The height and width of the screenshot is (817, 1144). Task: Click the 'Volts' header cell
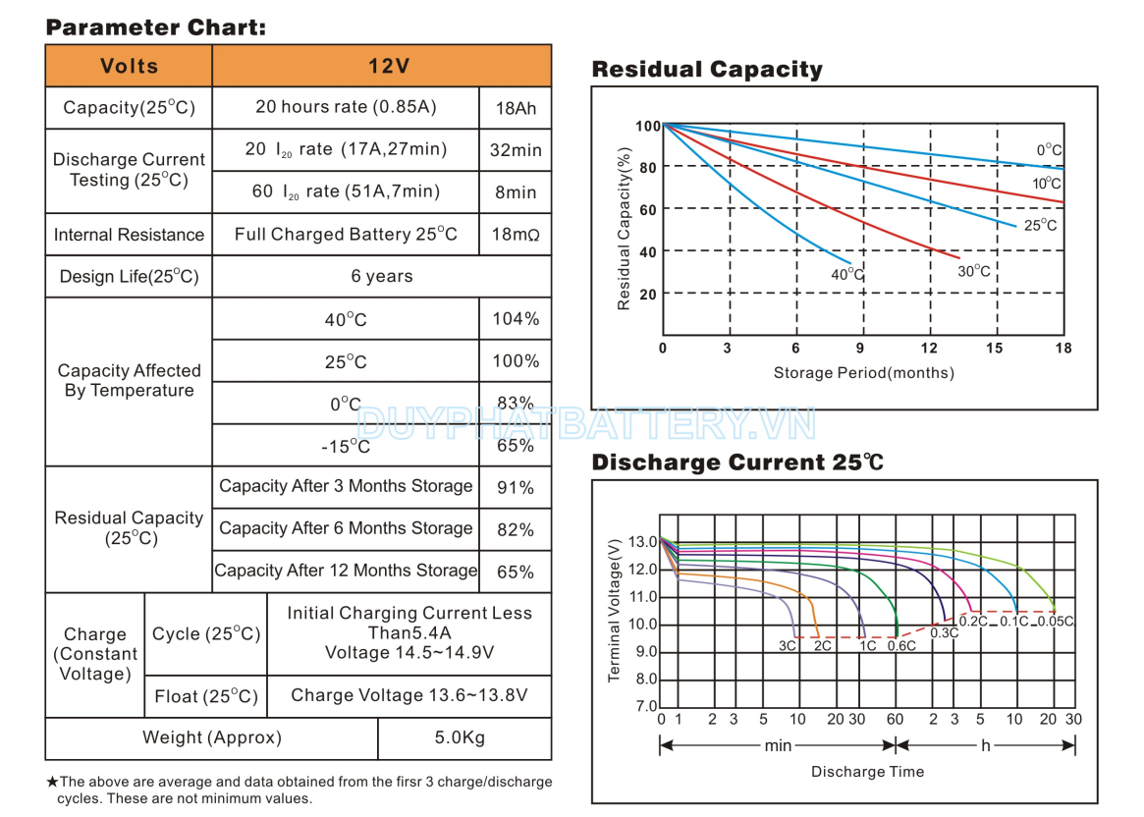[x=129, y=67]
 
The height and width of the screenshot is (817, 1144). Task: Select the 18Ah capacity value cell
[x=516, y=108]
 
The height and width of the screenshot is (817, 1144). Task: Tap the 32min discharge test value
[x=516, y=150]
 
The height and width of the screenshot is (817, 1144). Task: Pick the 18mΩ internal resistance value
[x=516, y=235]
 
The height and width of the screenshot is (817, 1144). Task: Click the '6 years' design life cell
[x=382, y=277]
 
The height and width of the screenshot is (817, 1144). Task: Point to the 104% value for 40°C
[x=516, y=319]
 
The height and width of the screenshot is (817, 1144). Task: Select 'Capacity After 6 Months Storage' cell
[x=346, y=528]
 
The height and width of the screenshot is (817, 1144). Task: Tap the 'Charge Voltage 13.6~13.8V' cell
[x=409, y=695]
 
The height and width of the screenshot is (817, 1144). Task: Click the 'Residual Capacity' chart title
[x=707, y=70]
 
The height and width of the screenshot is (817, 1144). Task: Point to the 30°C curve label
[x=974, y=271]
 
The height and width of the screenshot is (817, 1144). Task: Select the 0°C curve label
[x=1049, y=150]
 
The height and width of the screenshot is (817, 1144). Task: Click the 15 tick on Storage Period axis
[x=995, y=349]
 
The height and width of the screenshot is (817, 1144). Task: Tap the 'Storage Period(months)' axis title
[x=863, y=373]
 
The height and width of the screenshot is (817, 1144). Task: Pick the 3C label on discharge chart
[x=788, y=646]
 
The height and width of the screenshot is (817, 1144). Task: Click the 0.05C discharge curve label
[x=1056, y=622]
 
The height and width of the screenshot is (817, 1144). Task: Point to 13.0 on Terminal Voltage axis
[x=642, y=542]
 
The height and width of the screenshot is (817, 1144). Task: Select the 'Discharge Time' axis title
[x=867, y=772]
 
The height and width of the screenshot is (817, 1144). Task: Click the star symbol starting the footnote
[x=52, y=783]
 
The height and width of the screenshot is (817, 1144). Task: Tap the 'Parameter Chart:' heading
[x=155, y=27]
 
